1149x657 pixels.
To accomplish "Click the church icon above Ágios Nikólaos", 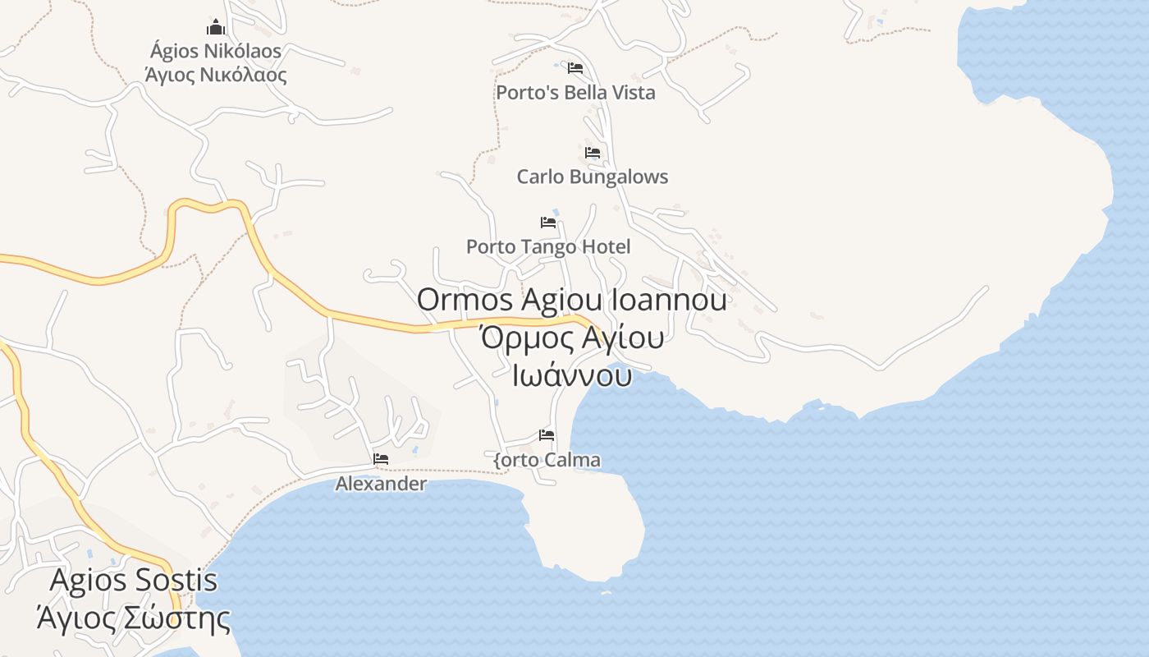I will pyautogui.click(x=216, y=27).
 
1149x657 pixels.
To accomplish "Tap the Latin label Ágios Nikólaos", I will pyautogui.click(x=216, y=51).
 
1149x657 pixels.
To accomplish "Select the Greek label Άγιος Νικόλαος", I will pyautogui.click(x=216, y=76).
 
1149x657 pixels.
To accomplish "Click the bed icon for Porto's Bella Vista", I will pyautogui.click(x=575, y=67).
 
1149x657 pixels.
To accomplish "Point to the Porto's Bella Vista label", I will pyautogui.click(x=575, y=92).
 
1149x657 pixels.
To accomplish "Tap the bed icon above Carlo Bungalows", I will pyautogui.click(x=593, y=152).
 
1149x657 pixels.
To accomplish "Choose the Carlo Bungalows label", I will pyautogui.click(x=593, y=177).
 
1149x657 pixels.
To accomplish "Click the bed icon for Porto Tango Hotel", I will pyautogui.click(x=548, y=222).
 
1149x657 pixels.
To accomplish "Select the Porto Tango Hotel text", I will pyautogui.click(x=548, y=246).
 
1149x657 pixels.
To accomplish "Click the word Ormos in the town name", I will pyautogui.click(x=465, y=300).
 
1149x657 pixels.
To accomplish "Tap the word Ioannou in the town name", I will pyautogui.click(x=668, y=300).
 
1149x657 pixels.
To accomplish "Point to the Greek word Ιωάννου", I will pyautogui.click(x=572, y=376).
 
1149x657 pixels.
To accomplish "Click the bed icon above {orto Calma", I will pyautogui.click(x=547, y=434).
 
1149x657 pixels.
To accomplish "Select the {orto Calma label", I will pyautogui.click(x=547, y=460).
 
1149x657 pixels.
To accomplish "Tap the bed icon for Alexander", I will pyautogui.click(x=381, y=458).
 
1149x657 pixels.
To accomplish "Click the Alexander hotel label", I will pyautogui.click(x=381, y=484).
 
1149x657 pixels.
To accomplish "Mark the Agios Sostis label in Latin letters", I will pyautogui.click(x=134, y=580).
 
